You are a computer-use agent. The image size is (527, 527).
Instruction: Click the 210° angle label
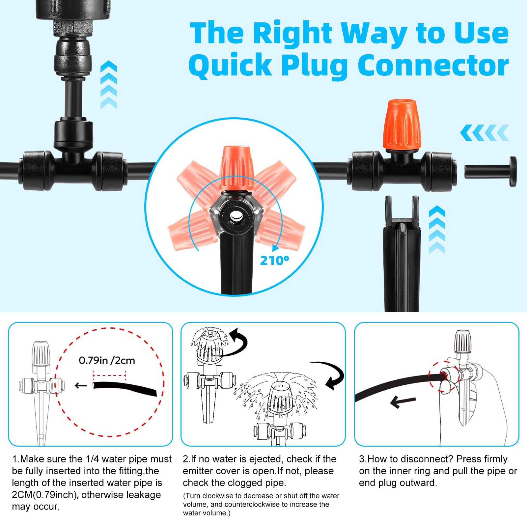pyautogui.click(x=274, y=261)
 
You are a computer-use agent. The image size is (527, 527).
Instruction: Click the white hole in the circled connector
pyautogui.click(x=236, y=217)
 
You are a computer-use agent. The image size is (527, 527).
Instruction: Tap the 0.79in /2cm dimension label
pyautogui.click(x=107, y=360)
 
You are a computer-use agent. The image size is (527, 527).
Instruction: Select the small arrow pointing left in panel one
pyautogui.click(x=81, y=386)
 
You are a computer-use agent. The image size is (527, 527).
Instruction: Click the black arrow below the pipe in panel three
pyautogui.click(x=402, y=402)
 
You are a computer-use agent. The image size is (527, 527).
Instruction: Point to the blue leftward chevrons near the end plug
pyautogui.click(x=484, y=133)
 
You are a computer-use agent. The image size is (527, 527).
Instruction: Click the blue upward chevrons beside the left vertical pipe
pyautogui.click(x=109, y=85)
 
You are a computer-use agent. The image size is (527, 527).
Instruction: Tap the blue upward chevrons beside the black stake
pyautogui.click(x=437, y=230)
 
